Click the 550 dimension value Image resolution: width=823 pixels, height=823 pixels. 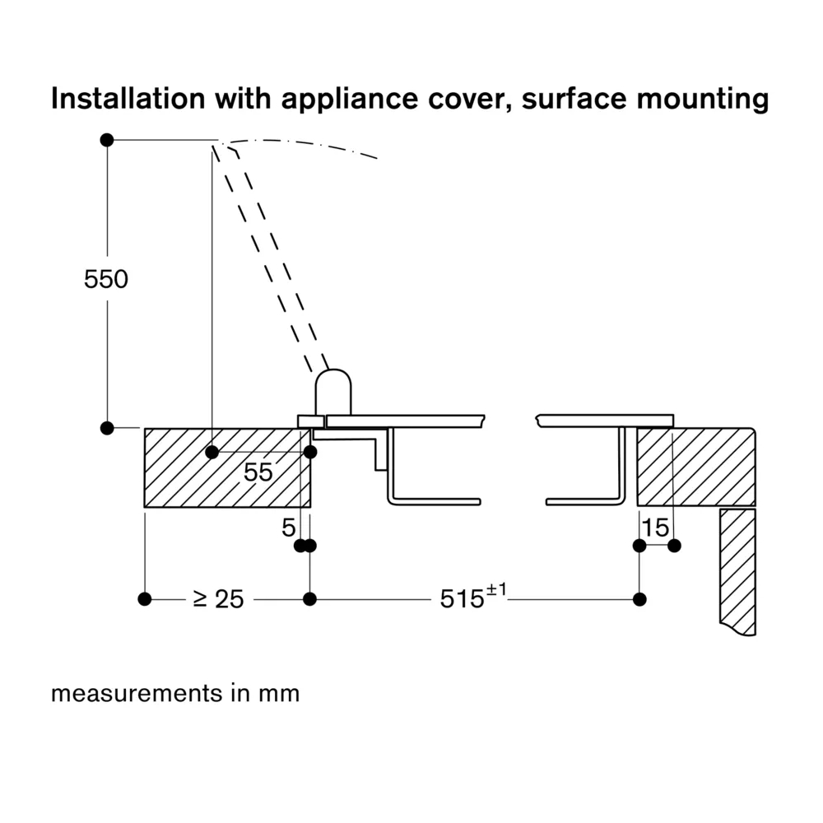point(106,280)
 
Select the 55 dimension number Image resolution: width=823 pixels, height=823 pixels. point(258,472)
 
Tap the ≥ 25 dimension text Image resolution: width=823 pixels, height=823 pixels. point(218,599)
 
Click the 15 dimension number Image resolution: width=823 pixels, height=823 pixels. point(656,528)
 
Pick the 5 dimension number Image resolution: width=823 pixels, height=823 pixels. point(288,528)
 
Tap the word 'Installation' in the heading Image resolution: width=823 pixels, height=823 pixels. point(127,99)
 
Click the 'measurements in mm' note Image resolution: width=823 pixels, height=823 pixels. point(175,694)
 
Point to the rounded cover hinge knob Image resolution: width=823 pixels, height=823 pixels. point(334,393)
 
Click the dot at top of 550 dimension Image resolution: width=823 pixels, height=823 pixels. point(106,140)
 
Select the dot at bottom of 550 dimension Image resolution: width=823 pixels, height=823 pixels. point(106,428)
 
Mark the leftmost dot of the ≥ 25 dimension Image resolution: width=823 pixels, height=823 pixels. point(145,599)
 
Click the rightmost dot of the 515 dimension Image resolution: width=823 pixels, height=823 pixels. point(639,599)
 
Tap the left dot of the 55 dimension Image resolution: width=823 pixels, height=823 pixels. point(212,452)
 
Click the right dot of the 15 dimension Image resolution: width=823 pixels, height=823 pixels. point(674,545)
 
